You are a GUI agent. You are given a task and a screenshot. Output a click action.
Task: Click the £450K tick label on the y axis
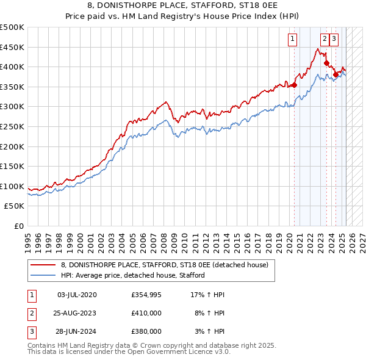pyautogui.click(x=12, y=47)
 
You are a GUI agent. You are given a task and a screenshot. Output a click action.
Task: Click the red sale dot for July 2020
pyautogui.click(x=294, y=85)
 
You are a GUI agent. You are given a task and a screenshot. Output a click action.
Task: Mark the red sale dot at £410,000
pyautogui.click(x=326, y=63)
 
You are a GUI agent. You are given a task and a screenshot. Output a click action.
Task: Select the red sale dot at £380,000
pyautogui.click(x=335, y=74)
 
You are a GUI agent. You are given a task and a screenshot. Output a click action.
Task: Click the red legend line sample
pyautogui.click(x=43, y=265)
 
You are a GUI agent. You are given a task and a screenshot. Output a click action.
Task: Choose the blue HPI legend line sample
pyautogui.click(x=43, y=275)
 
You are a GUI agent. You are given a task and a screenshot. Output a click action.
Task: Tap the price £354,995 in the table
pyautogui.click(x=146, y=295)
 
